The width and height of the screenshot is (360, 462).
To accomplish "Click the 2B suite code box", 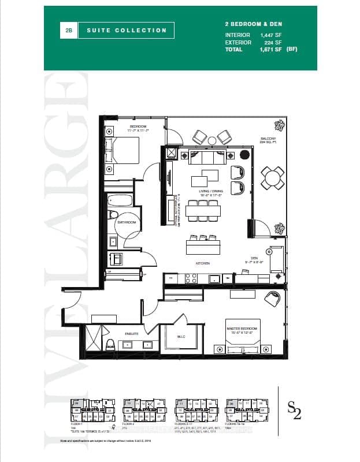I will [x=69, y=31].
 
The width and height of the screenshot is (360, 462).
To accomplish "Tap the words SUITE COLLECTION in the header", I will [x=127, y=31].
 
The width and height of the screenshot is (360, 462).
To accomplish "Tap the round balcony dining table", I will [x=272, y=177].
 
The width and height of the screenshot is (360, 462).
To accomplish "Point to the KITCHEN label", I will [x=202, y=263].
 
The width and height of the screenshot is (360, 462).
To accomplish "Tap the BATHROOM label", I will [x=127, y=222].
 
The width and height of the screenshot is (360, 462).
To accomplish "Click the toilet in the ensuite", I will [x=110, y=345].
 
